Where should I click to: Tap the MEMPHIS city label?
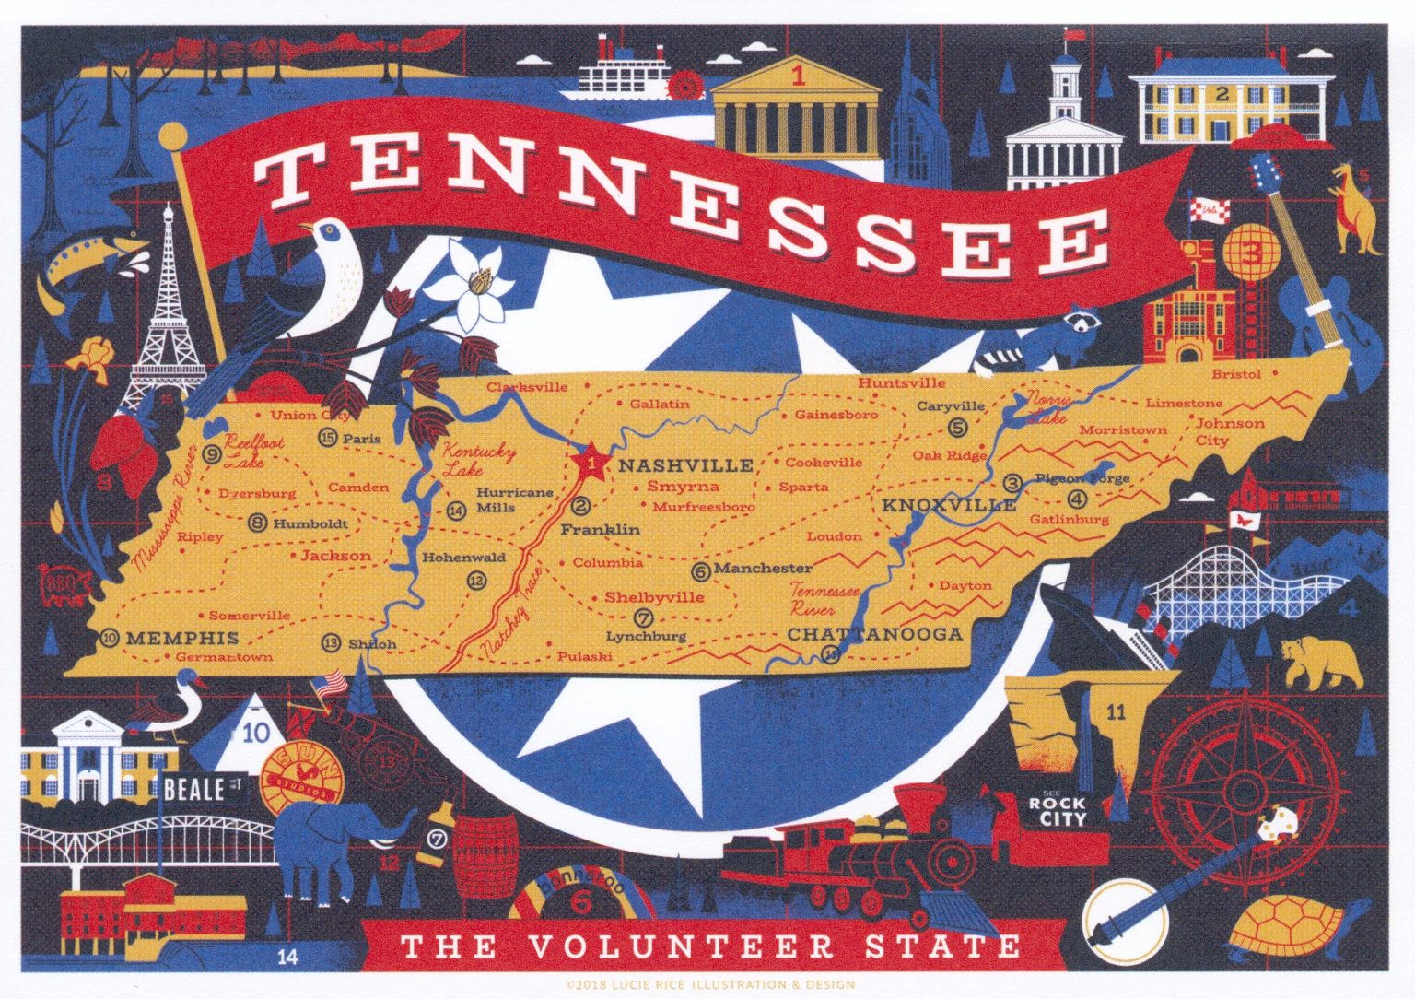[182, 638]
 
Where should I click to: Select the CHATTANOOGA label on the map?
[874, 634]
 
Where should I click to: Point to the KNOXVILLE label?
[949, 505]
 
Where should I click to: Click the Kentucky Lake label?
[479, 461]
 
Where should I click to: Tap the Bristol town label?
[1235, 374]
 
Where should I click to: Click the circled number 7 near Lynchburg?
[644, 618]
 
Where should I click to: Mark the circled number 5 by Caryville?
[957, 427]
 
